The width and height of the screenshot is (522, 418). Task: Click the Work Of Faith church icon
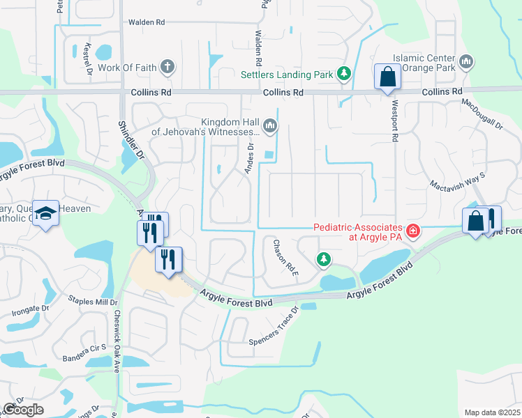[167, 68]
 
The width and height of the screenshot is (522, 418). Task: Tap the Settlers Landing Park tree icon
[343, 74]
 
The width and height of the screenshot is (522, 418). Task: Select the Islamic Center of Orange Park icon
[466, 63]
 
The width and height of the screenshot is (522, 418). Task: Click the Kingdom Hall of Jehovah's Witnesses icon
[270, 126]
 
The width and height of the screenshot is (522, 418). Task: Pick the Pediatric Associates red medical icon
[413, 229]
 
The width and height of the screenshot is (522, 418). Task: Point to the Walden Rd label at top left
[146, 22]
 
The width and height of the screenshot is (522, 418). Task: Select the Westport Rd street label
[394, 128]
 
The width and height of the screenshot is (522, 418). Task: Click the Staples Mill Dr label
[93, 300]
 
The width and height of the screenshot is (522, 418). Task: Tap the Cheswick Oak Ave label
[118, 341]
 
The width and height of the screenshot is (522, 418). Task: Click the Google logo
[23, 410]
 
